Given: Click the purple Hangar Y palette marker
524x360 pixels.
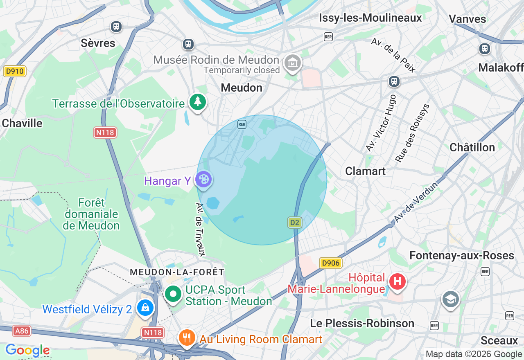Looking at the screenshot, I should point(203,179).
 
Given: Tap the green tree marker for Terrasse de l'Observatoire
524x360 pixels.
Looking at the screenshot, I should point(198,101).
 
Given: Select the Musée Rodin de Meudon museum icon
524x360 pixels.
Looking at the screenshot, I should point(293,63).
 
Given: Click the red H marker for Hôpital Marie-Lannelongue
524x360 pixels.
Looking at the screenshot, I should point(397,282).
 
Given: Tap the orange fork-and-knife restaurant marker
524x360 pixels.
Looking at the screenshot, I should point(187,338).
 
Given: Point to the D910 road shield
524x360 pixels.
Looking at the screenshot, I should point(15,71).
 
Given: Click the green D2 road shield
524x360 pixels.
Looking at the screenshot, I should point(294,223).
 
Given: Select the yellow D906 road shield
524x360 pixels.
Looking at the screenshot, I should point(330,263).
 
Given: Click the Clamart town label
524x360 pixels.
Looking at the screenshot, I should point(365,171).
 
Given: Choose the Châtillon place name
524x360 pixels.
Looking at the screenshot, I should point(472,147).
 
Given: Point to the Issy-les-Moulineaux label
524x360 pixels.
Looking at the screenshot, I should point(370,18).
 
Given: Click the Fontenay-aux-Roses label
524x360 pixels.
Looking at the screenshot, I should point(461,256).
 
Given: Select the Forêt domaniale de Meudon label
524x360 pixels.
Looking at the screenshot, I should point(92,214).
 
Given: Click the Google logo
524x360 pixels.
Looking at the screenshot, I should point(27,350).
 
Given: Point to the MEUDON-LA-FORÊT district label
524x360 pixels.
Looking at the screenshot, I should point(177,272).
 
